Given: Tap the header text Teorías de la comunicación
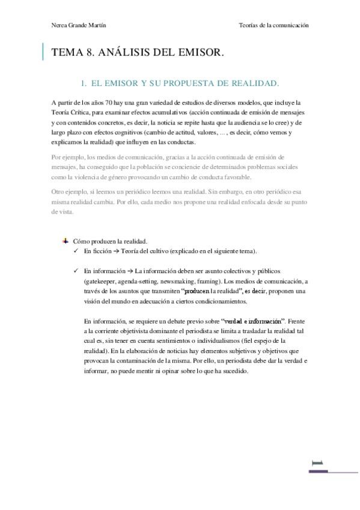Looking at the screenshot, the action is coord(273,25).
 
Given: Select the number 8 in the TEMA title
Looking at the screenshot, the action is coord(92,53).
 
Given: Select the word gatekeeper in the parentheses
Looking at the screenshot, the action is coord(100,281).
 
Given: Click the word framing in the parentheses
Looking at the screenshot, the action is coord(203,281).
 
